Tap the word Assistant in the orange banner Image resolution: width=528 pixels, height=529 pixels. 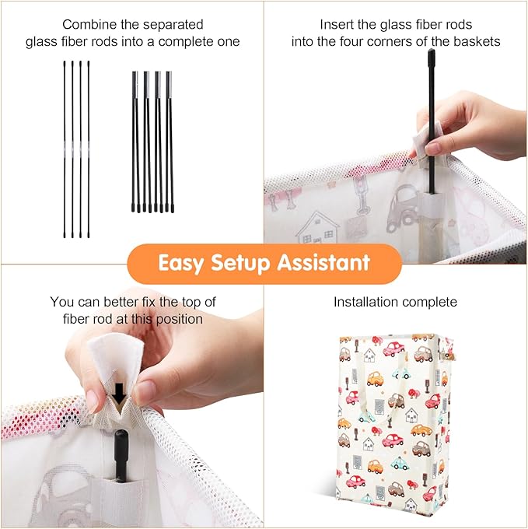tap(323, 262)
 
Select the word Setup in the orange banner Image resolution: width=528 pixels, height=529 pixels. tap(240, 263)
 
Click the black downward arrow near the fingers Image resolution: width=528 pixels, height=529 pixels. tap(119, 394)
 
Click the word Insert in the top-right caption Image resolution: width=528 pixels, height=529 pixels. tap(336, 25)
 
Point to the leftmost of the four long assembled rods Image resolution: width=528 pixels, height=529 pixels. tap(65, 149)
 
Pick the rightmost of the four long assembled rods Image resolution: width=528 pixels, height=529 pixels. tap(89, 149)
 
